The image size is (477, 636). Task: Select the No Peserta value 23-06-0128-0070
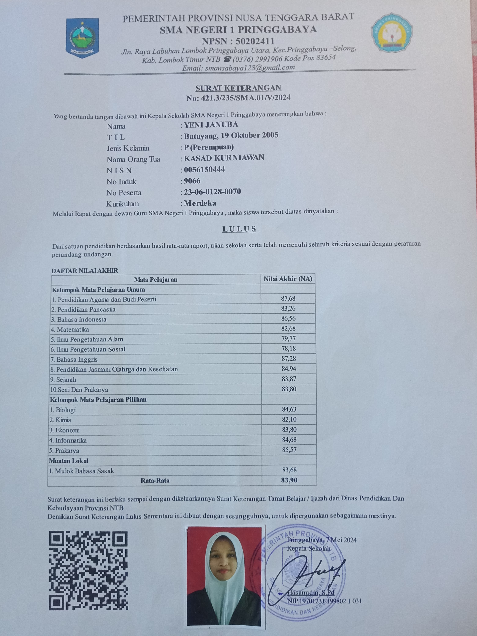tap(212, 192)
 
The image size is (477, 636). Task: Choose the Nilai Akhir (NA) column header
tap(288, 279)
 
